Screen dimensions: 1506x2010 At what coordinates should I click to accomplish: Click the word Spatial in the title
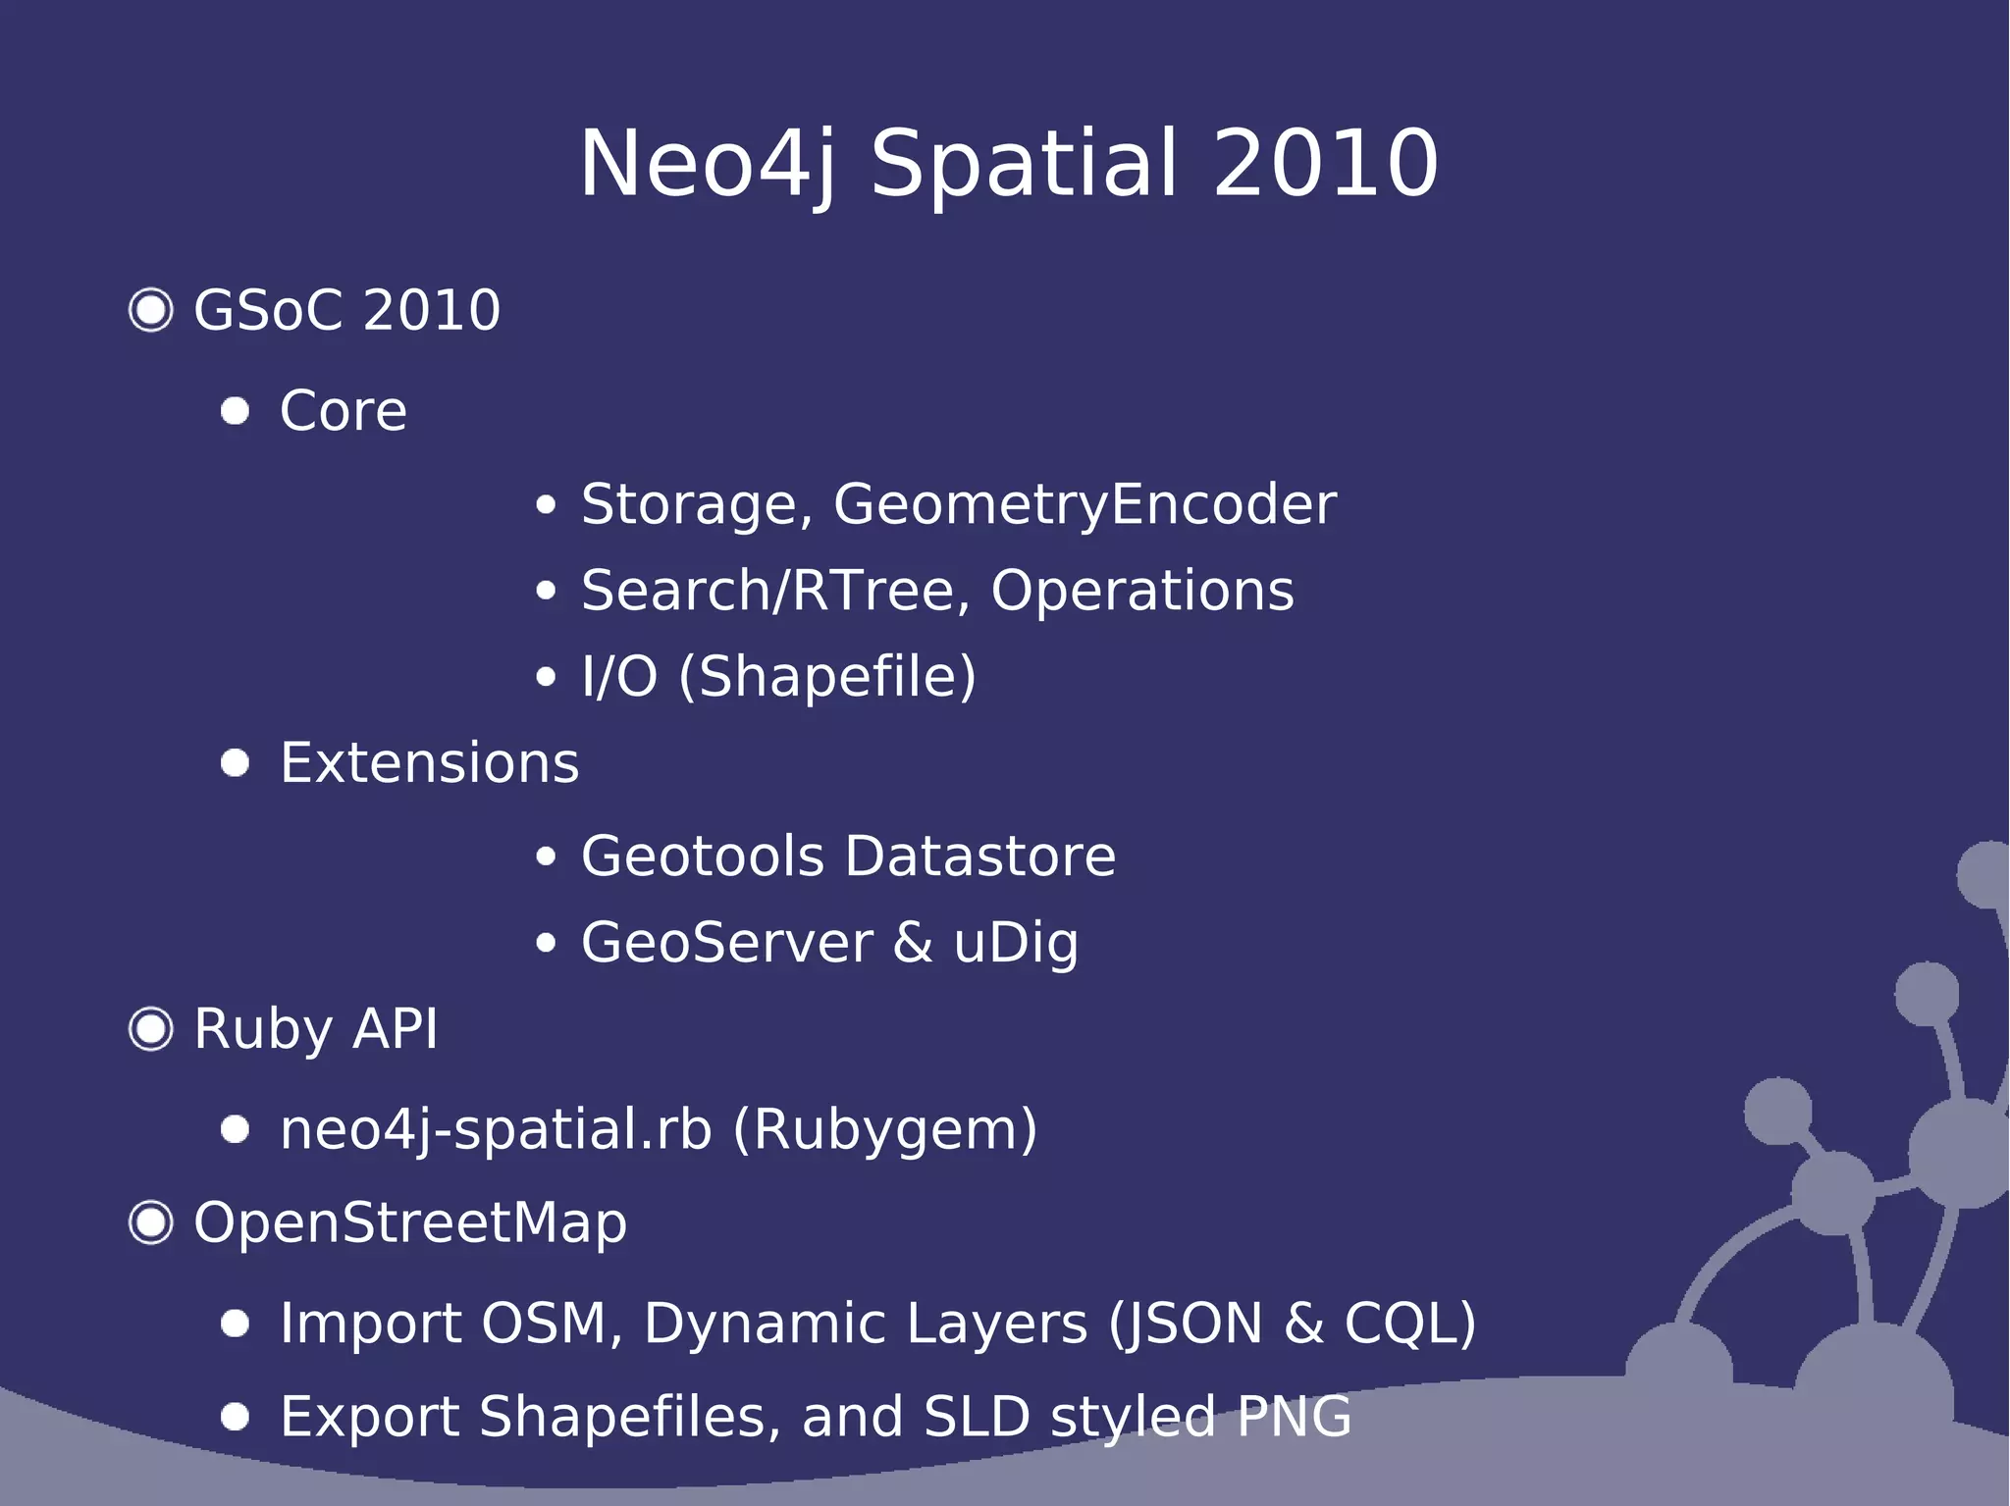coord(1024,164)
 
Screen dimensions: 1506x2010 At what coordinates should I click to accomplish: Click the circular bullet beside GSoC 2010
coord(151,310)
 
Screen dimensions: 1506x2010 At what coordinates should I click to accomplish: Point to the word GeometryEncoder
coord(1084,504)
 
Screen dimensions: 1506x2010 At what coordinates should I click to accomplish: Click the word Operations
coord(1142,591)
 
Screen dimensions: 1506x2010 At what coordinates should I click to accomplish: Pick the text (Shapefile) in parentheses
coord(827,676)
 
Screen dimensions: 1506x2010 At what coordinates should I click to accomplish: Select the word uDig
coord(1016,943)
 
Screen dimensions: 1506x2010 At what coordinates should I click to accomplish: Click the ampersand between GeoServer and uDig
coord(913,943)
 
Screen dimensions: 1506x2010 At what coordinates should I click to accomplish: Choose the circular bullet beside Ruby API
coord(151,1029)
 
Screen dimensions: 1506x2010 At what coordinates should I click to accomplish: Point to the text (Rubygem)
coord(884,1129)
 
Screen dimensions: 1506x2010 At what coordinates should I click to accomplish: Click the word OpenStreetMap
coord(410,1223)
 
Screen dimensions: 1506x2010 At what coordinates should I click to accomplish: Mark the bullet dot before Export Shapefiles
coord(236,1417)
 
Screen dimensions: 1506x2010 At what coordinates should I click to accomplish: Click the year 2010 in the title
coord(1326,164)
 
